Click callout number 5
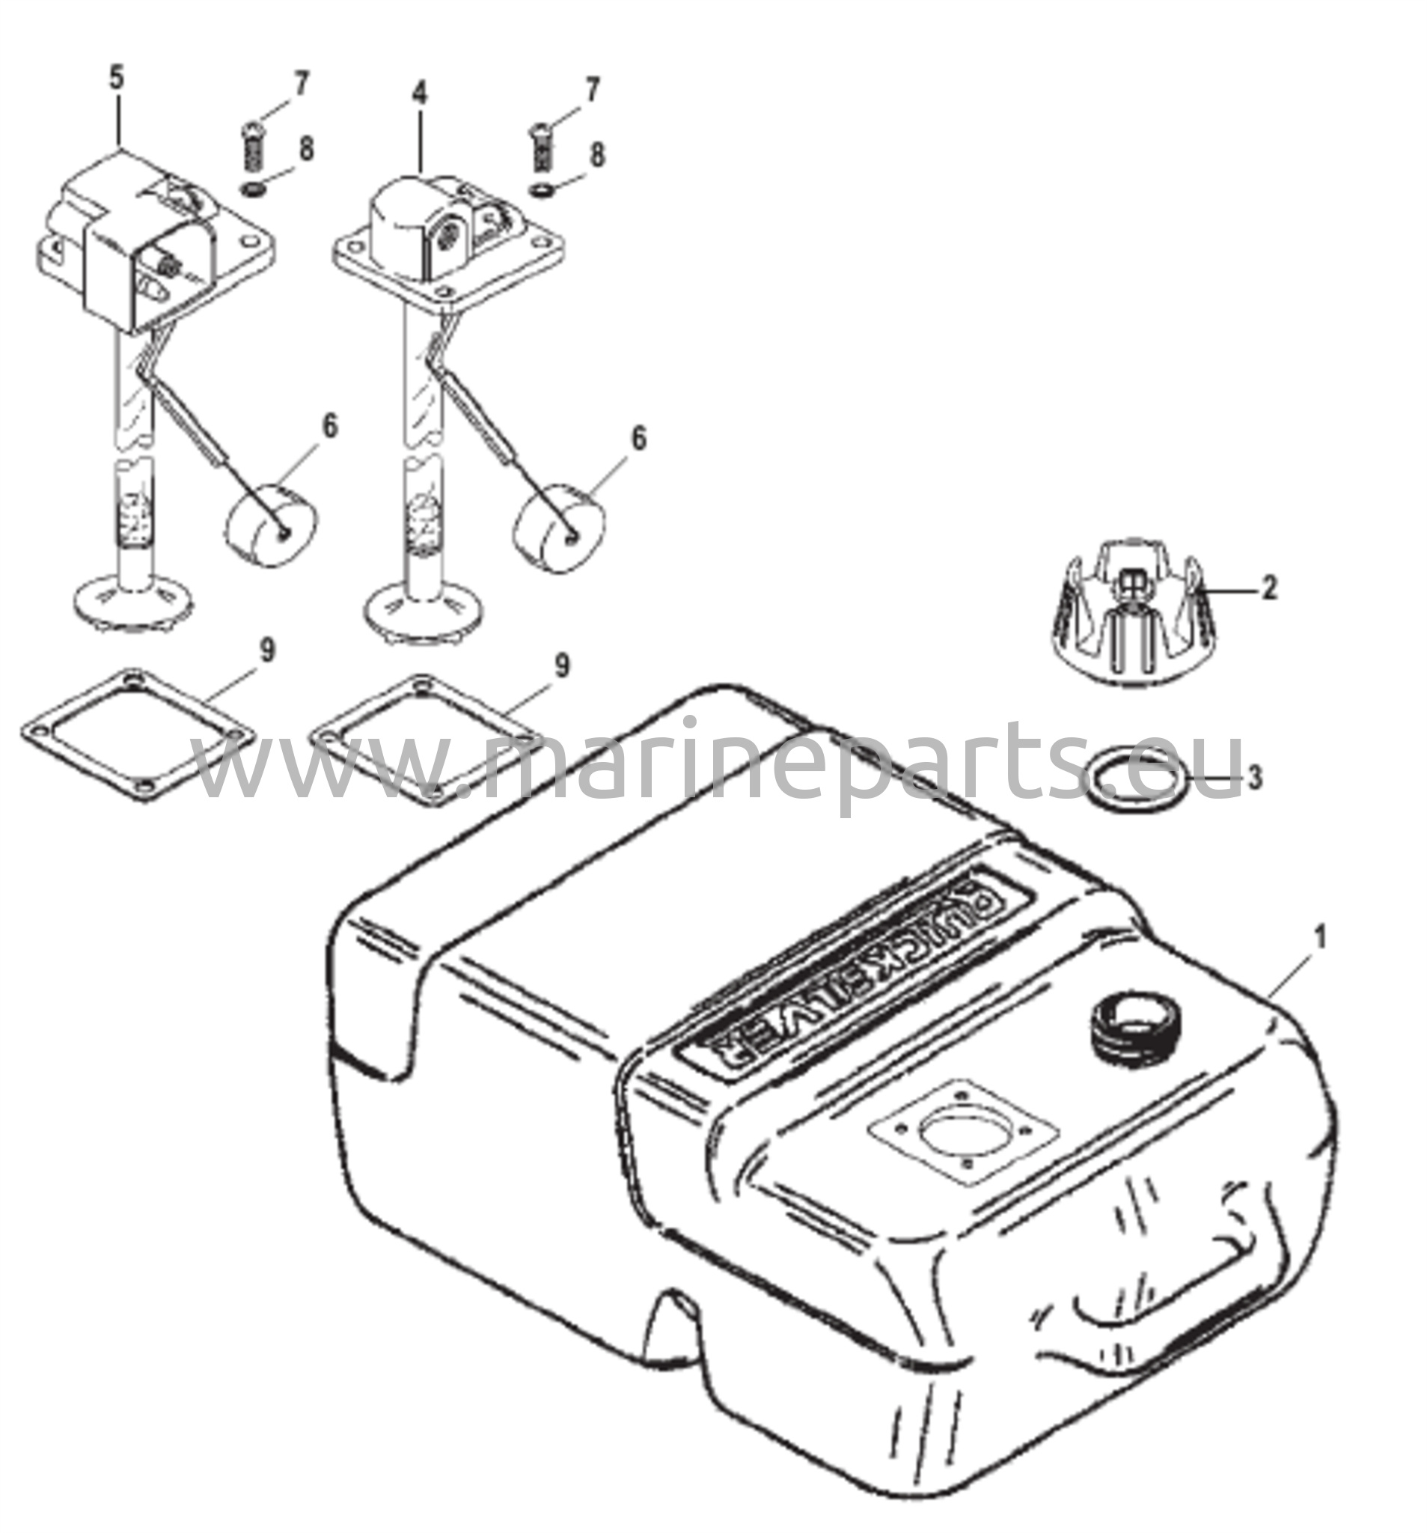pyautogui.click(x=117, y=79)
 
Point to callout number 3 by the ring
pyautogui.click(x=1255, y=778)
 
